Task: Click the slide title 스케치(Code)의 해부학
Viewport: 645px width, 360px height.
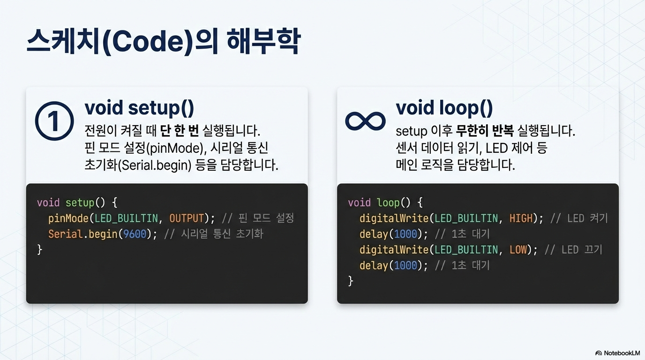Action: click(164, 42)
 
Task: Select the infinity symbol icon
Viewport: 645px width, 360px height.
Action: click(365, 121)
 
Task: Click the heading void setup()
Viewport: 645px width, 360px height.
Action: click(139, 108)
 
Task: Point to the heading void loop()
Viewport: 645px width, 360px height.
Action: click(444, 108)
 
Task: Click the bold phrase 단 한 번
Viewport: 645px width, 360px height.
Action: click(180, 131)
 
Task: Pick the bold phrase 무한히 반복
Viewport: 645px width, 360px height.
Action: click(485, 131)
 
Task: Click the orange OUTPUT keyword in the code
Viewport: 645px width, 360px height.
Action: click(187, 218)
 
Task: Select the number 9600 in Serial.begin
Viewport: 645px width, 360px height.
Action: click(135, 234)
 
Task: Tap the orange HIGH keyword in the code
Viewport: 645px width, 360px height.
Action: click(521, 218)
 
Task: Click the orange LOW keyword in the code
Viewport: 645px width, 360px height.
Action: click(518, 249)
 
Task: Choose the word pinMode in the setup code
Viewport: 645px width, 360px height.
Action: click(68, 218)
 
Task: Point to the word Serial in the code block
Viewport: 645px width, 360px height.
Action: click(65, 234)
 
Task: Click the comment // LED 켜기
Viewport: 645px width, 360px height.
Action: click(579, 218)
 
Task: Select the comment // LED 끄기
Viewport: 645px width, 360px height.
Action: click(573, 249)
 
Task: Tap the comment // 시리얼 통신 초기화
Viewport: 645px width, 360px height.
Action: click(213, 234)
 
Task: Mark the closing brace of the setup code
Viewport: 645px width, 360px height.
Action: click(40, 250)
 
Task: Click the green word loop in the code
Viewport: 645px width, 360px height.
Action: click(388, 203)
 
